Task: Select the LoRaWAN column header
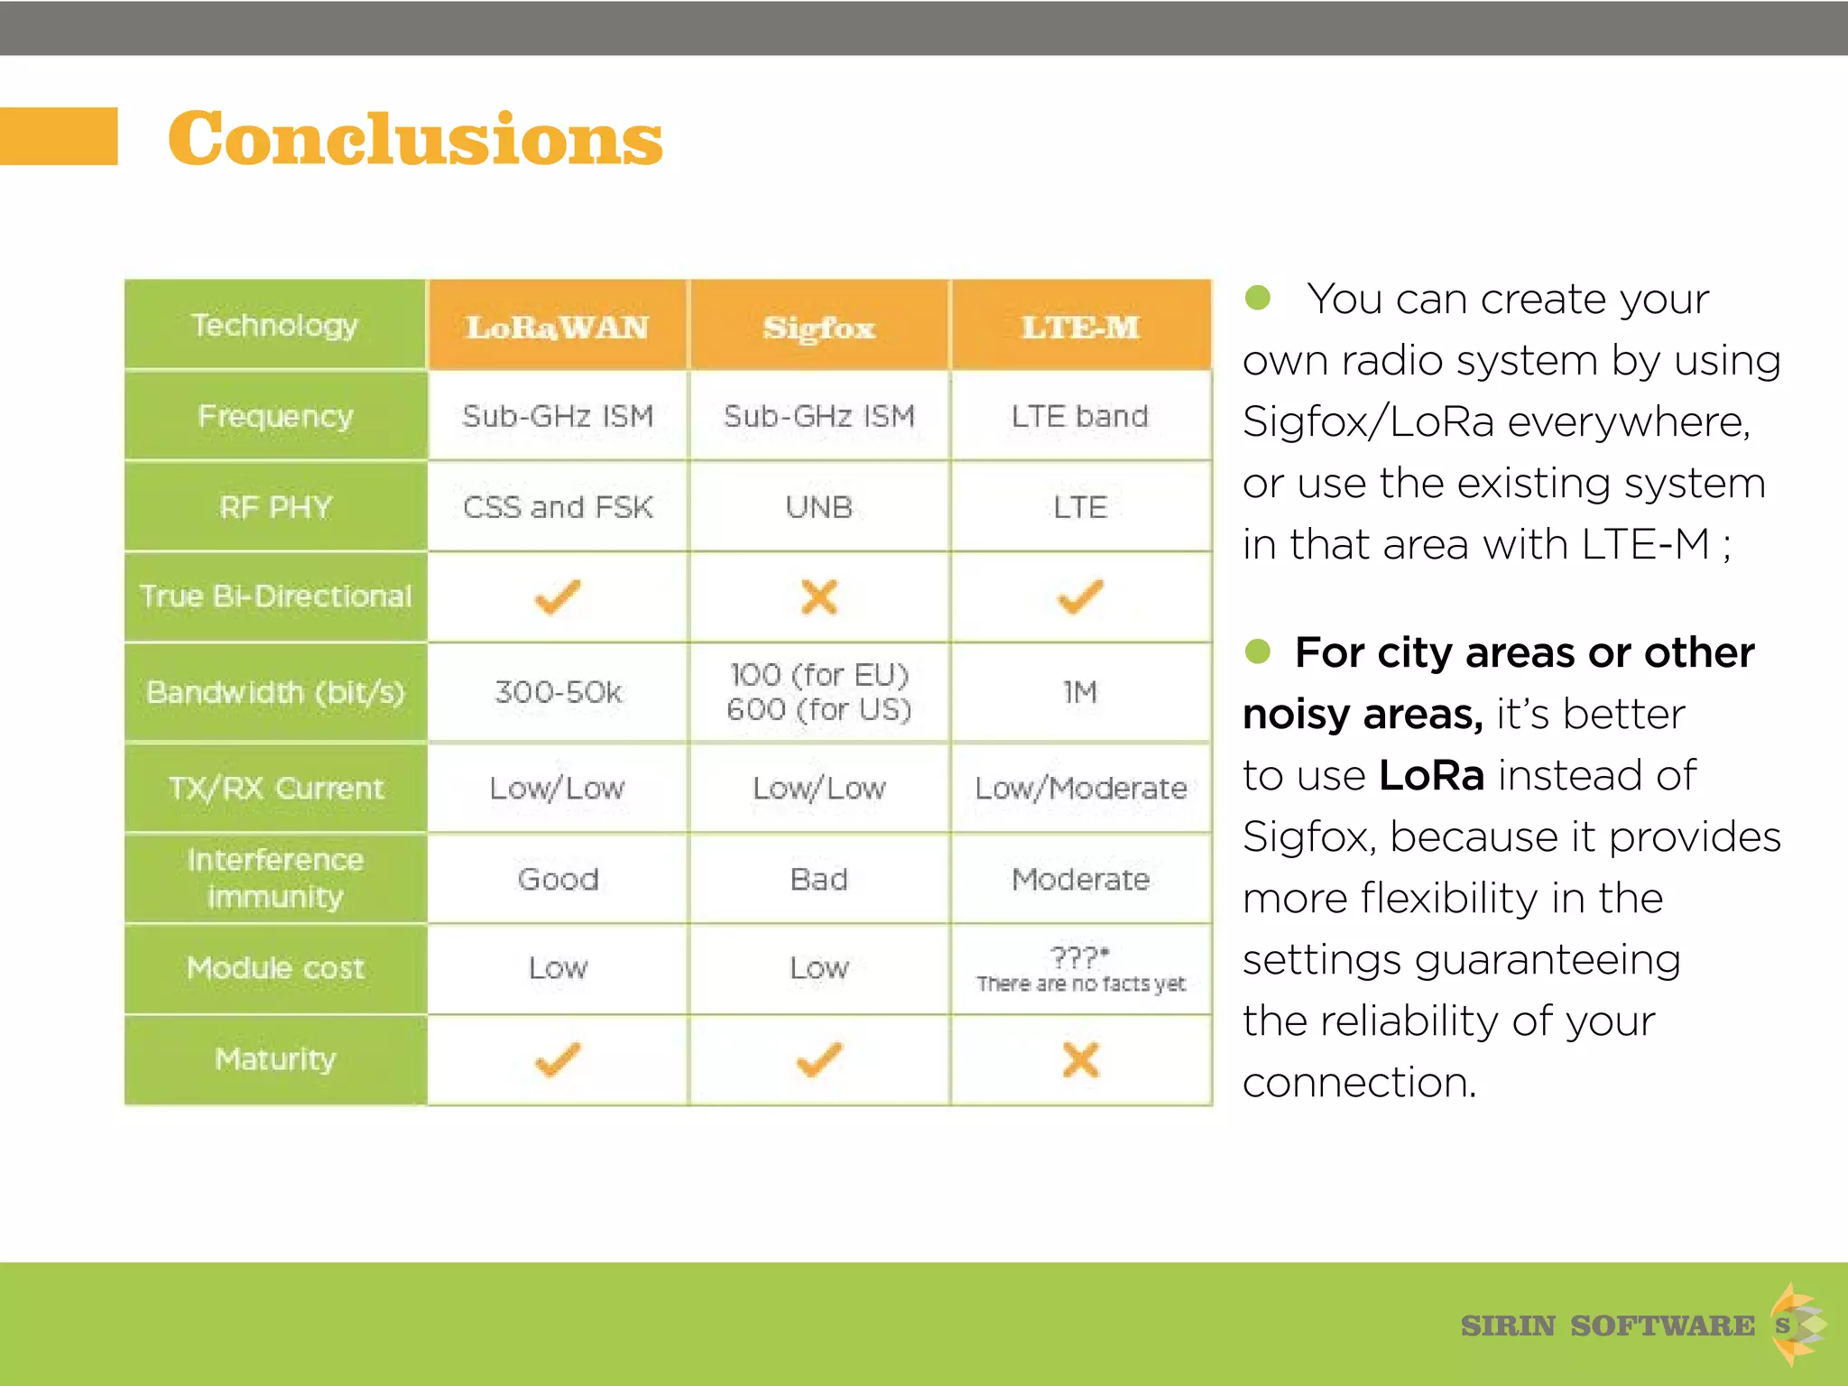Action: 557,327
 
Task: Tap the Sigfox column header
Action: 818,327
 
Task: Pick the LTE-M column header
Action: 1080,327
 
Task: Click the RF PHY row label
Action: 275,507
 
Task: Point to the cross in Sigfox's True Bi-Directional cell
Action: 818,596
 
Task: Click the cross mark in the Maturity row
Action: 1080,1059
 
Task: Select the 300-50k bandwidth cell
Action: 557,692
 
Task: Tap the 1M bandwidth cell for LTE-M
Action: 1080,692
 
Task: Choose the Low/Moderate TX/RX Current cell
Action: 1080,788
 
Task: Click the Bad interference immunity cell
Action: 818,879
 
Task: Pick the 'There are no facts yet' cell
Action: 1080,970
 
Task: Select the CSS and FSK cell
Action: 557,507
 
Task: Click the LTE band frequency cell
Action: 1080,416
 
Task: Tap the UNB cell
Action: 818,507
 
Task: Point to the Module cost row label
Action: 275,968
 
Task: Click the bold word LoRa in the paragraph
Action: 1431,775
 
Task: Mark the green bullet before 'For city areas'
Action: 1257,651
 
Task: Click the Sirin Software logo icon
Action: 1795,1325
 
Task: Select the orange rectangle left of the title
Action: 59,136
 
